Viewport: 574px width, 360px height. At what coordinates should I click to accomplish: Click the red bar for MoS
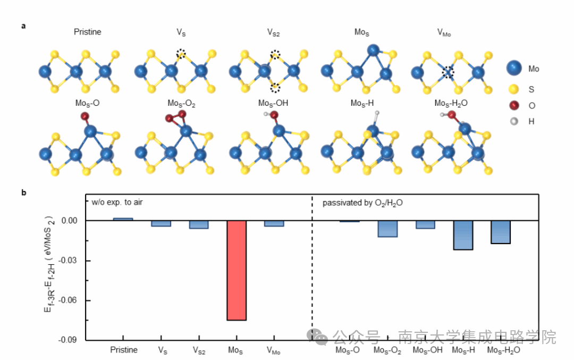pyautogui.click(x=237, y=270)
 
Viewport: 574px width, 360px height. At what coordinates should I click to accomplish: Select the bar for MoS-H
pyautogui.click(x=463, y=235)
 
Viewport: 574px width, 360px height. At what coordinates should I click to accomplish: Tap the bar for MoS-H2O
pyautogui.click(x=500, y=232)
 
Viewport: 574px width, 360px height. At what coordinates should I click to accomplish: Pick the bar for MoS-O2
pyautogui.click(x=387, y=229)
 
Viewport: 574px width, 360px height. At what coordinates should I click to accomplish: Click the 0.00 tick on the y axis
pyautogui.click(x=70, y=221)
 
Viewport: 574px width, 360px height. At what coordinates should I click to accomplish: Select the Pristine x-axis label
pyautogui.click(x=124, y=350)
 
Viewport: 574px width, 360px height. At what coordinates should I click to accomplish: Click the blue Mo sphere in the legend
pyautogui.click(x=513, y=68)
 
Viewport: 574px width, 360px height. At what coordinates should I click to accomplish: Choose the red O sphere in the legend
pyautogui.click(x=513, y=105)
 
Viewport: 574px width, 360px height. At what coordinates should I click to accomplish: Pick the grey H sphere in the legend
pyautogui.click(x=513, y=121)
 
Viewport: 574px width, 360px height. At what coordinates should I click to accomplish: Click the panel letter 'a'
pyautogui.click(x=23, y=25)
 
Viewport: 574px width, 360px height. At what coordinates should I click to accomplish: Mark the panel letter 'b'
pyautogui.click(x=23, y=192)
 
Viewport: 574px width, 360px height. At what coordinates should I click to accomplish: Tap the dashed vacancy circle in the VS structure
pyautogui.click(x=181, y=54)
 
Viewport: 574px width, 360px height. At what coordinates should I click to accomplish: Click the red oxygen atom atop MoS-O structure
pyautogui.click(x=85, y=116)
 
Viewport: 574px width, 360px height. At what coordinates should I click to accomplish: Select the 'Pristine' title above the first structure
pyautogui.click(x=88, y=32)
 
